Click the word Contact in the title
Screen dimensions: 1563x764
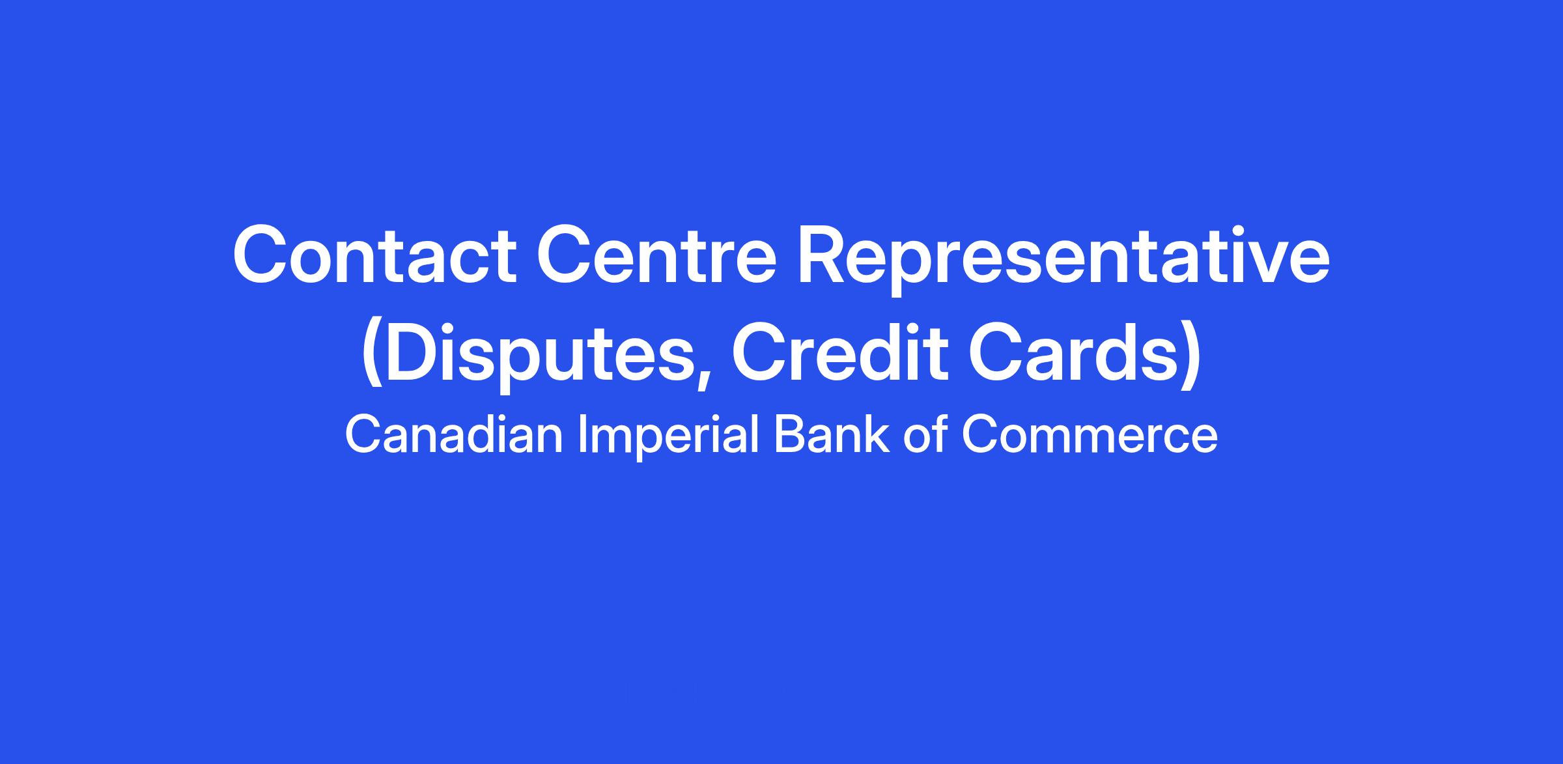coord(374,255)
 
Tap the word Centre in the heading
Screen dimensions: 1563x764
coord(657,255)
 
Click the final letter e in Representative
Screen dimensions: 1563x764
coord(1307,263)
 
